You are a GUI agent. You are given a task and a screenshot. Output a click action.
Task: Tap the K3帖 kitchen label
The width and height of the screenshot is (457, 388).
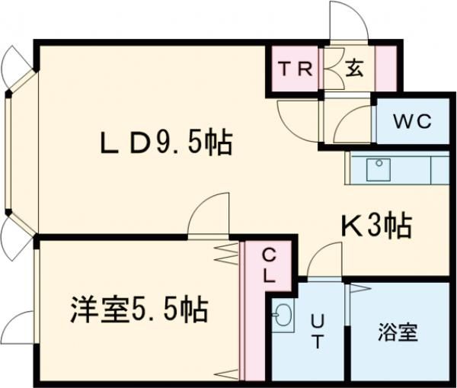376,225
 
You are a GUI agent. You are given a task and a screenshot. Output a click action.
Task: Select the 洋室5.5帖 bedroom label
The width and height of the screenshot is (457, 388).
139,310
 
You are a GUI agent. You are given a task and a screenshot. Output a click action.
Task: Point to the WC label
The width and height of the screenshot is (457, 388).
412,121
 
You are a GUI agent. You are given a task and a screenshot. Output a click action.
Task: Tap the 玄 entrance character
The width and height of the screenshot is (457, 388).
354,69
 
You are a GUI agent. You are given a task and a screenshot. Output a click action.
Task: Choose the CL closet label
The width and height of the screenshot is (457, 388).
270,265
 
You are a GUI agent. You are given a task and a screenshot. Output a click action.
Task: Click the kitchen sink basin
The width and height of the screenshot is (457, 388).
378,169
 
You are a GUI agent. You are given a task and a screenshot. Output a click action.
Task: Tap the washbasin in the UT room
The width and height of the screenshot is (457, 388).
283,315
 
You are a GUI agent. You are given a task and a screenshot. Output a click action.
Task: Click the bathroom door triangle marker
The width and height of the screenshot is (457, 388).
359,287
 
